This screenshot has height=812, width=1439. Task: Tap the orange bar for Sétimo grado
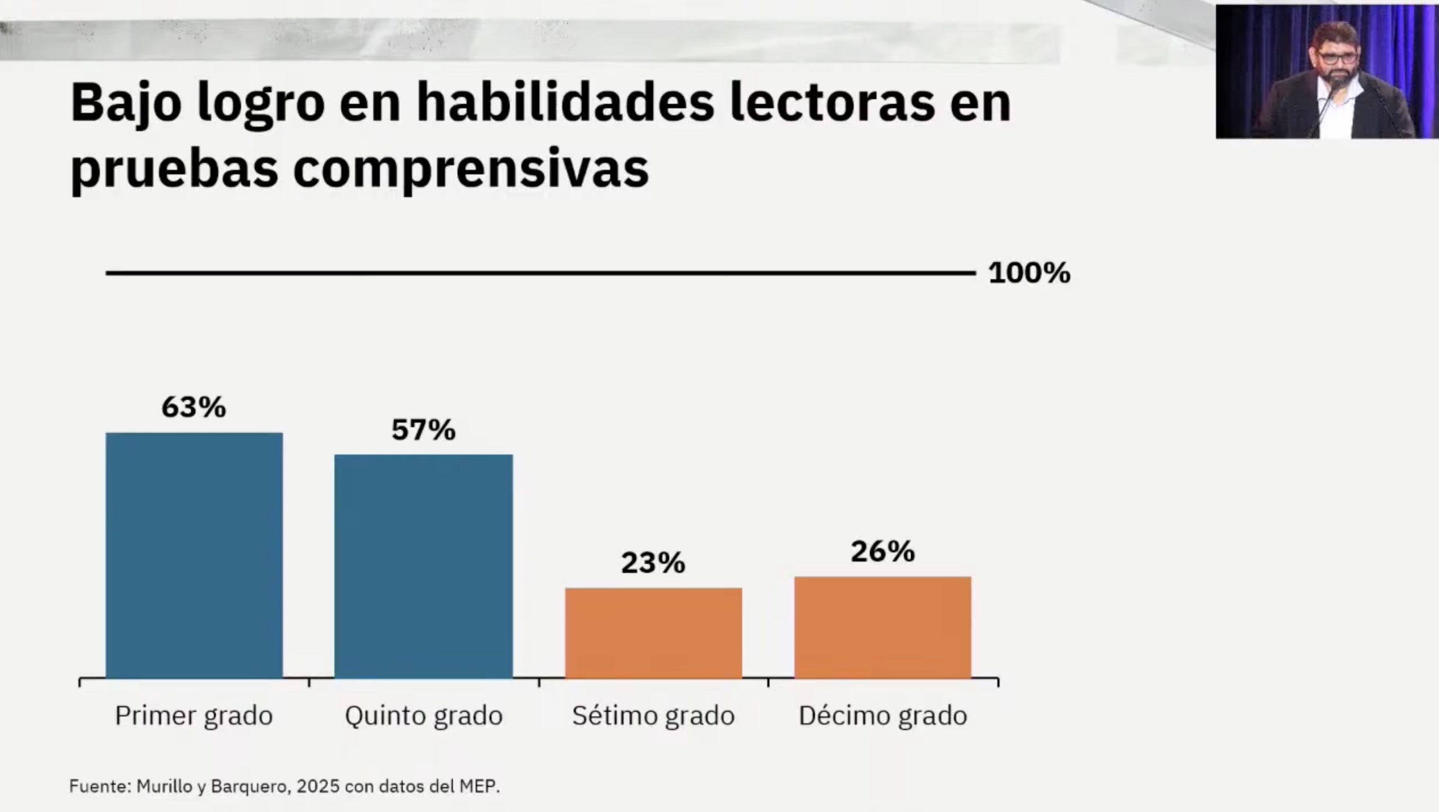click(653, 633)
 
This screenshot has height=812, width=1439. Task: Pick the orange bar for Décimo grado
click(883, 628)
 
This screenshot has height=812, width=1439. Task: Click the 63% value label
click(194, 407)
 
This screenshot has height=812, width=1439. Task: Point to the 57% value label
click(423, 430)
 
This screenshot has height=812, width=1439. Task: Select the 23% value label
click(653, 563)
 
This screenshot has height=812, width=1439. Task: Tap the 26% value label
click(883, 552)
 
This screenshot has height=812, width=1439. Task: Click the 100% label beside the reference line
click(1029, 274)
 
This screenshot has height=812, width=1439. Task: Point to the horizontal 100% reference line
click(540, 273)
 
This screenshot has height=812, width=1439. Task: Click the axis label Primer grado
click(194, 716)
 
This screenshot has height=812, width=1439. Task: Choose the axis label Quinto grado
click(423, 716)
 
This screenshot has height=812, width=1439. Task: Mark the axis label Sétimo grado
click(653, 716)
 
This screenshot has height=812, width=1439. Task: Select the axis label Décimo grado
click(883, 716)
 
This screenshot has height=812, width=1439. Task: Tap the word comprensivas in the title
click(471, 169)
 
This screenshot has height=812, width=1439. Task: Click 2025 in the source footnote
click(318, 786)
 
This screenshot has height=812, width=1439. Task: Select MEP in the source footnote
click(482, 786)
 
